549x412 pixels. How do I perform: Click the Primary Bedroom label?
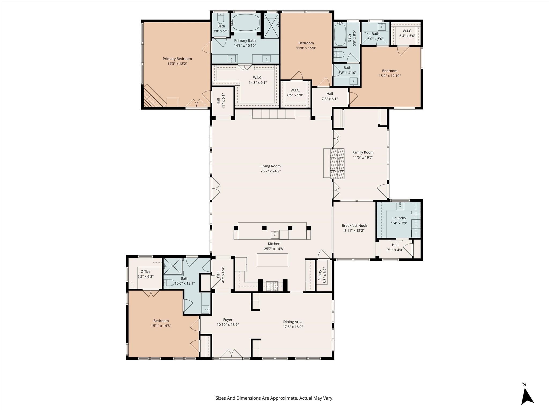coord(177,59)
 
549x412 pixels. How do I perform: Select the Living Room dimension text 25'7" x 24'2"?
coord(270,171)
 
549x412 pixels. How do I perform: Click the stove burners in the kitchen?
coord(272,286)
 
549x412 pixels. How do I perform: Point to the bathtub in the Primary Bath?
coord(246,23)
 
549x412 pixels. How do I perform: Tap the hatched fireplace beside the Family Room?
coord(337,164)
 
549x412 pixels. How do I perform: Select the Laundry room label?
coord(399,218)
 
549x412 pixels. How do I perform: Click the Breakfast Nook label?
coord(354,226)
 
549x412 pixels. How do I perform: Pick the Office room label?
coord(146,271)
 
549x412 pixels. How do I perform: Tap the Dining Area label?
coord(293,322)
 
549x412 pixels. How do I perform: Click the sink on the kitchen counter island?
coord(274,234)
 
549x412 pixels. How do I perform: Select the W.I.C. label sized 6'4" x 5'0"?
coord(407,31)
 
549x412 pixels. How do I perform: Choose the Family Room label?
coord(363,152)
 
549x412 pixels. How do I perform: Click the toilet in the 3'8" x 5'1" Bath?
coord(220,19)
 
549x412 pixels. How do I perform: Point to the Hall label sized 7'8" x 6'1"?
coord(329,94)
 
